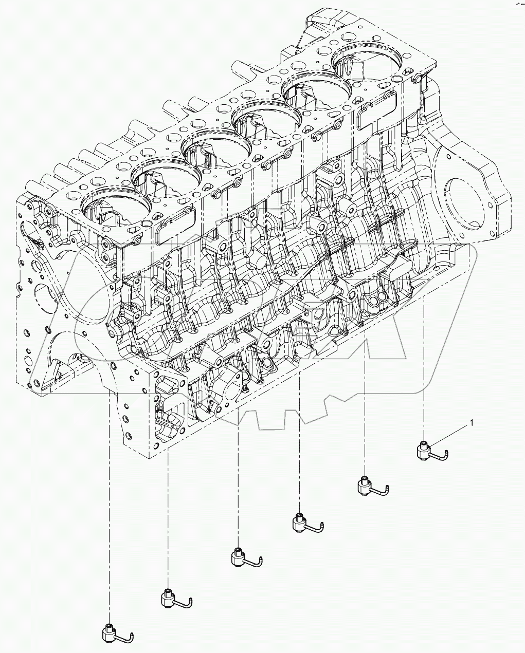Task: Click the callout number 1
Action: [471, 424]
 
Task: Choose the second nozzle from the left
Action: [169, 598]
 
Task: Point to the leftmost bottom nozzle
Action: [108, 633]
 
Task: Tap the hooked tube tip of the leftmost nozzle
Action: [132, 637]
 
